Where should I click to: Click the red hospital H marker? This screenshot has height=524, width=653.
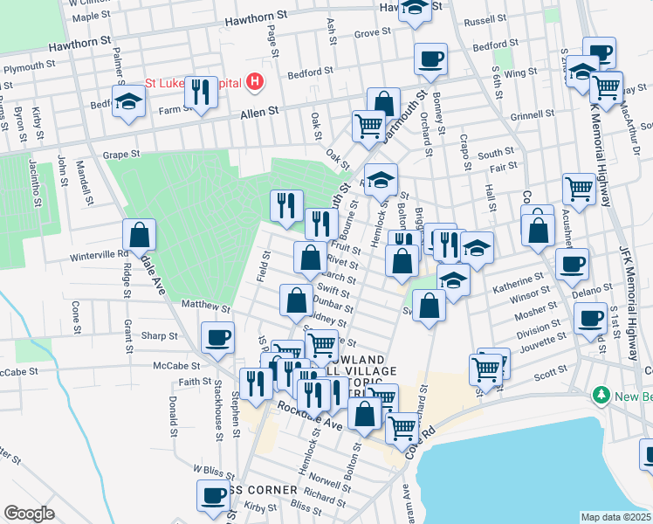point(255,82)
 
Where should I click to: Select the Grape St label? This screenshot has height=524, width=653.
point(121,155)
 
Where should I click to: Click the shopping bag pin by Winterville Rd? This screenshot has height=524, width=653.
point(139,235)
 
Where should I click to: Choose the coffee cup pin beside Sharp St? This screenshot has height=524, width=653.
point(217,336)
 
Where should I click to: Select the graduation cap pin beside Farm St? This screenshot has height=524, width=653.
point(128,101)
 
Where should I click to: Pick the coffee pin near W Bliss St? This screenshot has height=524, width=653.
point(212,495)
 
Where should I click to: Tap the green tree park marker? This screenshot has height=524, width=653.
point(601,396)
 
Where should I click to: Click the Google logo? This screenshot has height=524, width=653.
point(29,514)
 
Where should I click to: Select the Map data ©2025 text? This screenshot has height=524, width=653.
point(615,517)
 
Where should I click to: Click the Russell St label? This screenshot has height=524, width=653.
point(486,19)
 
